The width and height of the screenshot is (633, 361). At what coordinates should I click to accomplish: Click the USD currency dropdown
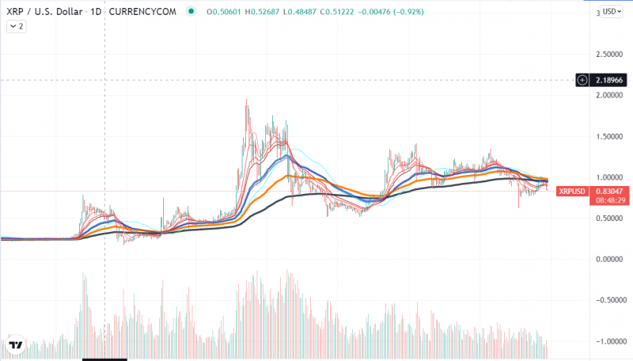tap(611, 12)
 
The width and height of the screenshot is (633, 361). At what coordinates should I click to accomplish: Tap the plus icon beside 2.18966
tap(582, 80)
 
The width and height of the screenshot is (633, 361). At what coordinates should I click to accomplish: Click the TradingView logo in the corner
tap(14, 345)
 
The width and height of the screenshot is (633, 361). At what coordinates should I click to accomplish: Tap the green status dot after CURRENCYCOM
tap(191, 12)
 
